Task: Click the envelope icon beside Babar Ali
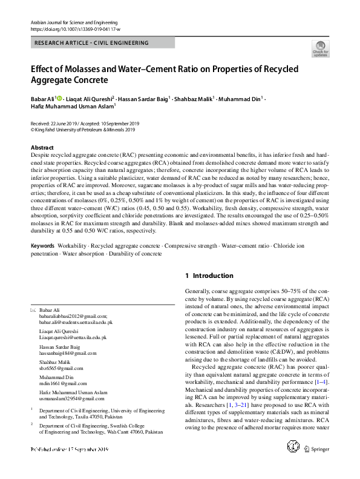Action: (33, 310)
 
